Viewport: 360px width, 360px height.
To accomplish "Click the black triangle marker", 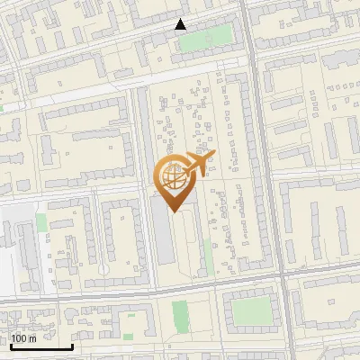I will (x=181, y=24).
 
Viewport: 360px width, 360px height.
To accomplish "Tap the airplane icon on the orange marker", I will (x=200, y=163).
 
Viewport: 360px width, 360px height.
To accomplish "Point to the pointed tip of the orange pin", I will (x=171, y=212).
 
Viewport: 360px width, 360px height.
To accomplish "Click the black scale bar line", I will (x=40, y=346).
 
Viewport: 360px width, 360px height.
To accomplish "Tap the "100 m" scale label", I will (x=23, y=338).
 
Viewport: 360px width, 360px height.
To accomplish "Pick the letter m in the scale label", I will (x=32, y=338).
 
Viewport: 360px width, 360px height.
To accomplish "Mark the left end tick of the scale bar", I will (x=10, y=345).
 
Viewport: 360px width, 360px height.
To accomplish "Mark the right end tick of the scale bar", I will (x=72, y=345).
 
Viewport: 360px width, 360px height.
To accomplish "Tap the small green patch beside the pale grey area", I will (x=41, y=221).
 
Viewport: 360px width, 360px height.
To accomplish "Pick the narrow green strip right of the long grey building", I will (x=208, y=256).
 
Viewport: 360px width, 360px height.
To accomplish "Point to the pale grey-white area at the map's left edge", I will (x=13, y=243).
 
